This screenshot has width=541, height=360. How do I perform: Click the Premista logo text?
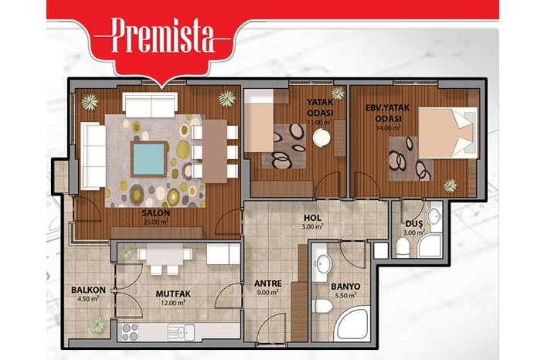[162, 36]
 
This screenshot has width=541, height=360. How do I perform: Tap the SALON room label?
[156, 213]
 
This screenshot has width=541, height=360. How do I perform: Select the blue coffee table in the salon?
[148, 159]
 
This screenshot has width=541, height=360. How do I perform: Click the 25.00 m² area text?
[156, 222]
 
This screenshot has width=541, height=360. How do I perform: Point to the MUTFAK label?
[173, 294]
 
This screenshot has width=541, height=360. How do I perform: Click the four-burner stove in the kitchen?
[129, 332]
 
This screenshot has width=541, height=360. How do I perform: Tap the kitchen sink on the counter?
[181, 332]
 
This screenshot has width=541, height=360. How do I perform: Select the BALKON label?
[88, 290]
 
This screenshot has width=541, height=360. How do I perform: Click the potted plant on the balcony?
[97, 324]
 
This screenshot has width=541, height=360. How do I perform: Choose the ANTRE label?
[268, 284]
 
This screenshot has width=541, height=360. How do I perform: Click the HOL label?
[312, 218]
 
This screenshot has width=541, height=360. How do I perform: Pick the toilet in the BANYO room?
[322, 306]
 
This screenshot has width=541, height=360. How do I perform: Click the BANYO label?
[345, 287]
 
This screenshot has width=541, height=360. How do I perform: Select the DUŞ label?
[413, 224]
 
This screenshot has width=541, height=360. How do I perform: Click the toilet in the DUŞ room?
[403, 247]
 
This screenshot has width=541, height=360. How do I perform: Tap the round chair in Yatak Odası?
[322, 138]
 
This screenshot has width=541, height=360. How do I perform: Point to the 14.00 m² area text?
[388, 127]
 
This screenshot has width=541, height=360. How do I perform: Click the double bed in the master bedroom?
[447, 132]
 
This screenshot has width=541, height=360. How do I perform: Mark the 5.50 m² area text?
[345, 296]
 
